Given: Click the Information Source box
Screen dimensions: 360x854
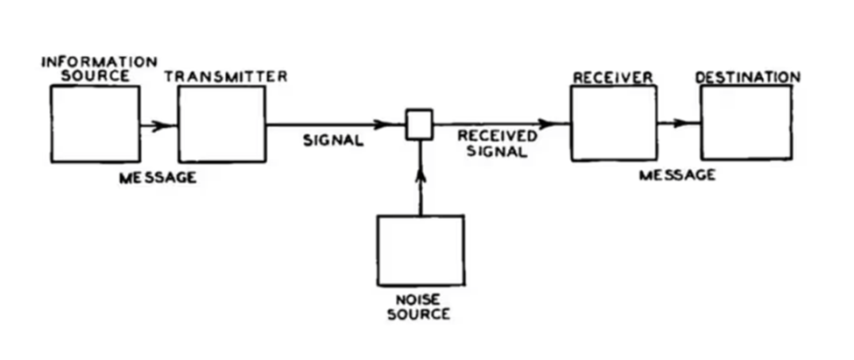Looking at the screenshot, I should pos(94,124).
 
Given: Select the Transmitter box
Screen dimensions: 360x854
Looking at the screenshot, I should pos(222,124).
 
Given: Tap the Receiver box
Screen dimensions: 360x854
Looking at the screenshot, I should pos(613,123).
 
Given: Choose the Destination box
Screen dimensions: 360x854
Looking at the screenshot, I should pos(745,123).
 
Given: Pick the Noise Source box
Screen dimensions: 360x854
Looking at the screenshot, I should pos(420,250).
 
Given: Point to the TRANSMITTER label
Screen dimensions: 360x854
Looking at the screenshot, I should pos(225,76).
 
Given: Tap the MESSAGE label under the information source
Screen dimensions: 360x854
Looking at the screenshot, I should pos(157,178).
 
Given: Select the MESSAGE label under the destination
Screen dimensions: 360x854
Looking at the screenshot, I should pos(677,175).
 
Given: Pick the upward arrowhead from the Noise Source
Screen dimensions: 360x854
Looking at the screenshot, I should pos(420,174).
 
